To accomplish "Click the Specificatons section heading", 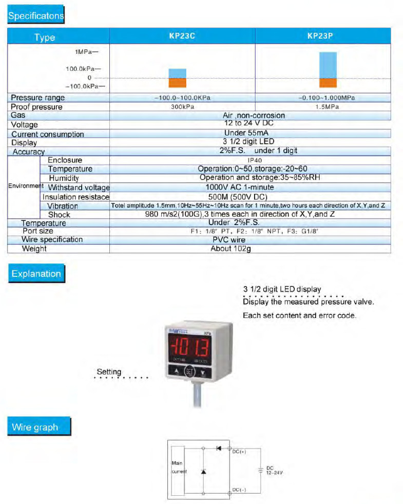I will [35, 15].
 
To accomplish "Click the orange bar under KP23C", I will [178, 82].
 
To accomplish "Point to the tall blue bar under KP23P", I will [328, 65].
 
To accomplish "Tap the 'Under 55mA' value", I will [250, 133].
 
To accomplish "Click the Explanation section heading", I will [36, 274].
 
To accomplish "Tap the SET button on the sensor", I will [190, 372].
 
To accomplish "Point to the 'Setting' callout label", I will [109, 372].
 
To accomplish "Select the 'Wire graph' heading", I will [35, 427].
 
